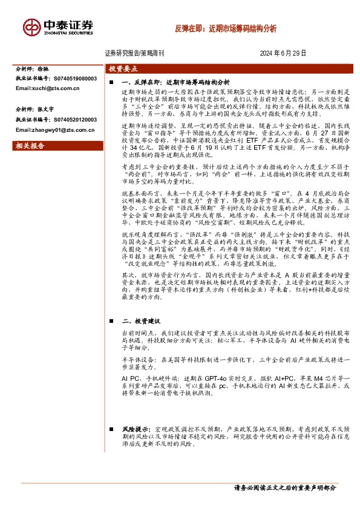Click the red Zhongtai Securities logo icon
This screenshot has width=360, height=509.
(x=31, y=27)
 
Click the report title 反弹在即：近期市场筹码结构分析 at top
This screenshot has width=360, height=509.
(x=226, y=28)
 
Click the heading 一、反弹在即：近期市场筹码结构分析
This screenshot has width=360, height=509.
(x=175, y=80)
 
